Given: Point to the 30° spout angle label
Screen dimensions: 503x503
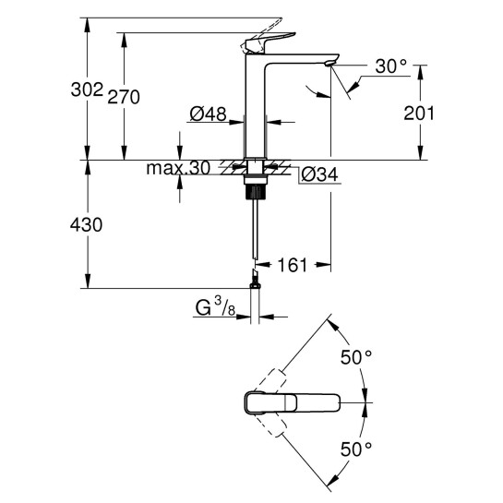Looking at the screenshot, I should coord(391,67).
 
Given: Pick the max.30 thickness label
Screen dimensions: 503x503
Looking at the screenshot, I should coord(178,169).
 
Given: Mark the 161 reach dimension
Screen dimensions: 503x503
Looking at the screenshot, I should coord(292,266).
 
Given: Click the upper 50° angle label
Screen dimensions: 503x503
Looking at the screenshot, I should coord(355,354).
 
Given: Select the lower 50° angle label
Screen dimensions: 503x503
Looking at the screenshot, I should coord(355,449).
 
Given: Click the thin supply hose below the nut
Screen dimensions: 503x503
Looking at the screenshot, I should coord(253,231).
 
